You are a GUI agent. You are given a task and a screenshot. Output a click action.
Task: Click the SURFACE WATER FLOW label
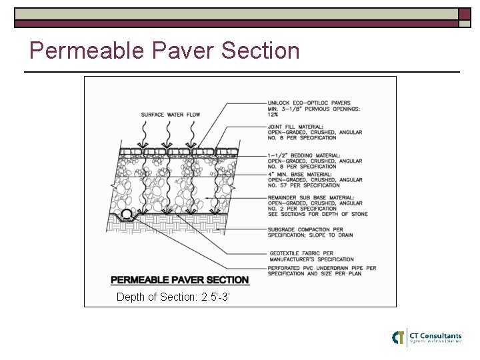point(171,115)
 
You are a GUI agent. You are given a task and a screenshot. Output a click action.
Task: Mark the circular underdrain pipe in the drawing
point(127,213)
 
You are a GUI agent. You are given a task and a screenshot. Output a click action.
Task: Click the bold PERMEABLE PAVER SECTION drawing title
point(179,280)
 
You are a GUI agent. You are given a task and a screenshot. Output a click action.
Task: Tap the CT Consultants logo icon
point(399,337)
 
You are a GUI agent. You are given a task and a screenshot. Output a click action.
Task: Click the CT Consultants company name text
point(435,335)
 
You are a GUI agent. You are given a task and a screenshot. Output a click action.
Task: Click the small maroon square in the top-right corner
point(465,15)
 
